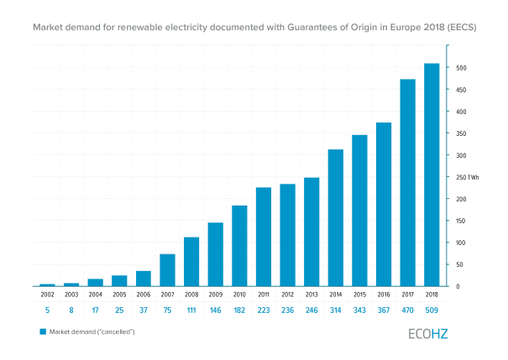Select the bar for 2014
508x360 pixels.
335,217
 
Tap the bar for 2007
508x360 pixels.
167,269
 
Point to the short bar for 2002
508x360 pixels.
47,284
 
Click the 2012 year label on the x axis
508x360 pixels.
287,295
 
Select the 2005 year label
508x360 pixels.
119,295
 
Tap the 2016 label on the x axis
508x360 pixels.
383,295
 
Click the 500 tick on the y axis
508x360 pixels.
462,68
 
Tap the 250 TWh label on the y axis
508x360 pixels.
468,177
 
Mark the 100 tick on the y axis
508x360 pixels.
462,243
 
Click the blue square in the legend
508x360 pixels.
42,332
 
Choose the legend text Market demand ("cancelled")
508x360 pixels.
92,332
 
